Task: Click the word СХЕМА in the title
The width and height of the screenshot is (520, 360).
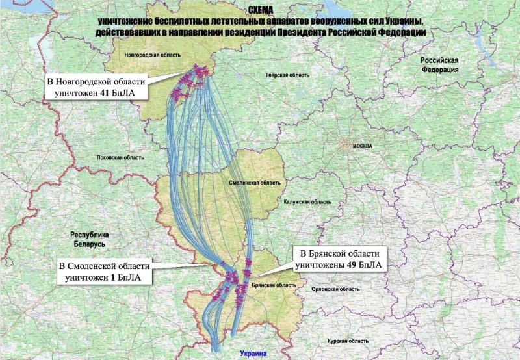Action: (261, 11)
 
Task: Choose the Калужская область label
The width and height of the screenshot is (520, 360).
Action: (307, 202)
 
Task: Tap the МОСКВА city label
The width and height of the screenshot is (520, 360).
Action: (362, 147)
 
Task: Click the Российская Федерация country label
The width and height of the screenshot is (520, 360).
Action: (440, 64)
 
